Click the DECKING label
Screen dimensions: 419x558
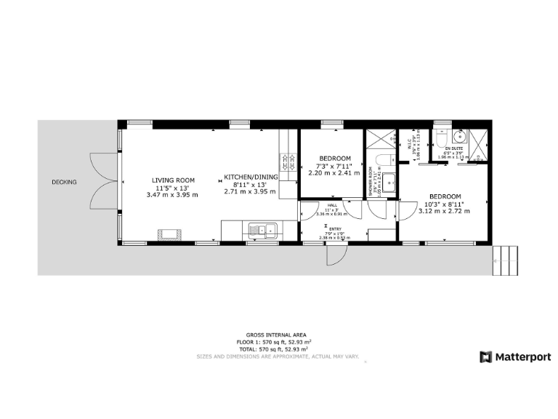(x=64, y=182)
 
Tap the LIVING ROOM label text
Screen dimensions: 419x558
(x=173, y=180)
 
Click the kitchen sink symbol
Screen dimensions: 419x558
(x=263, y=231)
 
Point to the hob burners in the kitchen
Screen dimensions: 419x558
(x=288, y=161)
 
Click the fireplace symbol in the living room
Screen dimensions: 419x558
(x=171, y=234)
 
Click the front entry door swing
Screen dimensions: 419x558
(x=336, y=255)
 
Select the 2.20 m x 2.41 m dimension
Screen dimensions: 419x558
(x=335, y=173)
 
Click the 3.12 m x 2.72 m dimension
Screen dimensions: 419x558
(x=445, y=211)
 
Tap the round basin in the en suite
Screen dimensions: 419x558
(x=459, y=136)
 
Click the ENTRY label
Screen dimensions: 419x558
(x=336, y=228)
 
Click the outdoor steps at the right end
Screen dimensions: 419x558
(x=507, y=260)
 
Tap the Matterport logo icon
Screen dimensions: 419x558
(x=486, y=356)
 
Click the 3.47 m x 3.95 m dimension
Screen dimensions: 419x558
(x=173, y=194)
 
